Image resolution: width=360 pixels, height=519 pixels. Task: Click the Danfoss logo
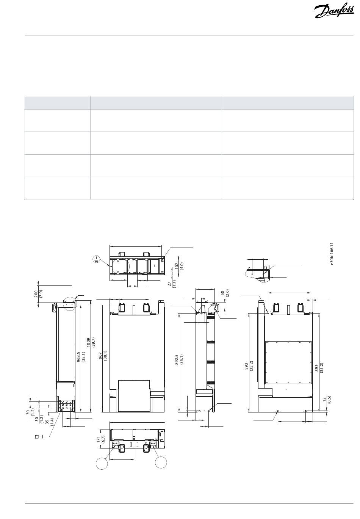coord(334,11)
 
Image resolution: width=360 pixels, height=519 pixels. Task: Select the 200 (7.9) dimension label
coord(38,294)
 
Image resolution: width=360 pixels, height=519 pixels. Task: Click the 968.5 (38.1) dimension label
coord(81,357)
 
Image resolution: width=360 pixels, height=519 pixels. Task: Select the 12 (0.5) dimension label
coord(327,399)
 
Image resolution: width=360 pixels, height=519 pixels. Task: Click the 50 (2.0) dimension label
coord(224,293)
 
